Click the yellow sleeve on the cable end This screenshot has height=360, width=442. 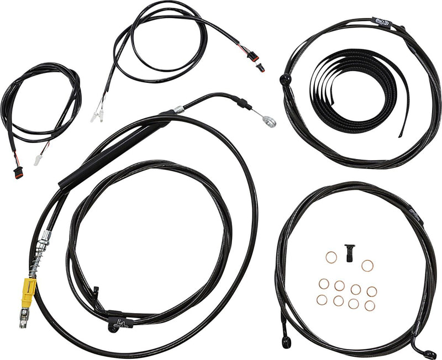point(29,288)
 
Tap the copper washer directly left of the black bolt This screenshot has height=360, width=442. point(331,257)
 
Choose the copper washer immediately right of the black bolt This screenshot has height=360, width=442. point(367,265)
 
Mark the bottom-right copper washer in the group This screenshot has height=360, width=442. point(370,305)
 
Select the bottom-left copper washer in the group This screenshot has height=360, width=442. point(322,299)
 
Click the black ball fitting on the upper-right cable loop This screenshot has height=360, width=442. point(286,80)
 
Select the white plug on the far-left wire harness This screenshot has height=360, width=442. point(38,160)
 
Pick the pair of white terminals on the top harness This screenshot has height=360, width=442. point(98,115)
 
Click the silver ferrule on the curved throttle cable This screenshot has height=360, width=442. point(178,109)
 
